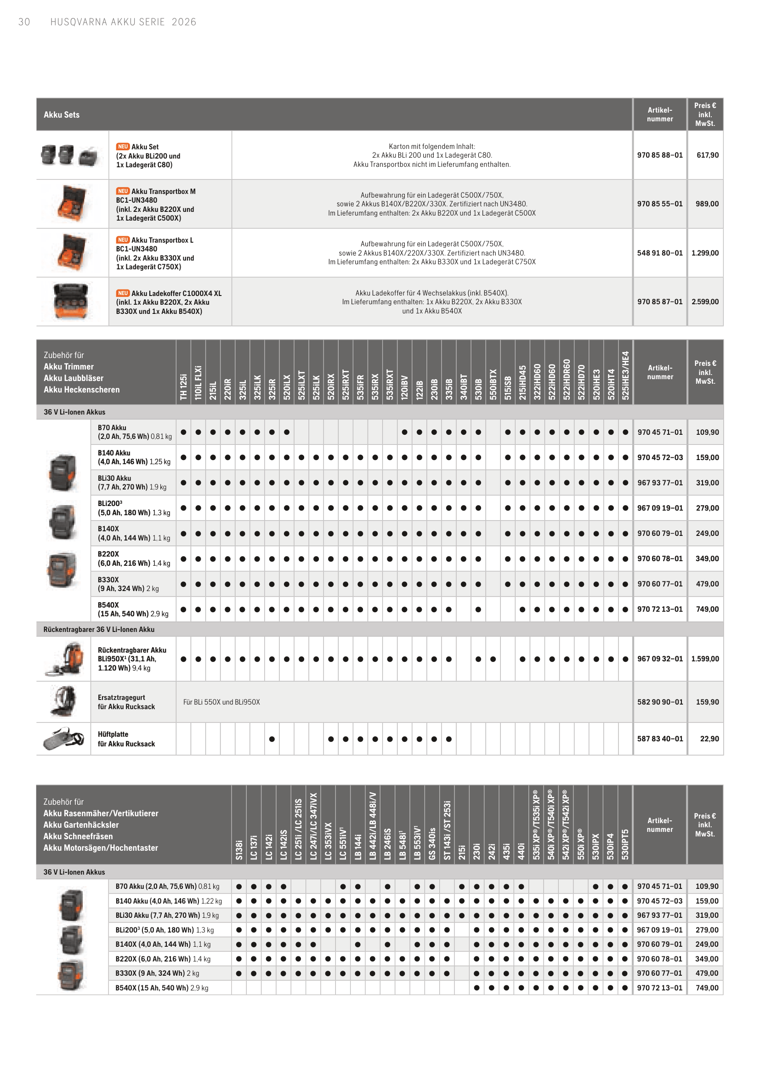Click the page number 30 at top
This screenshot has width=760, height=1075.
(x=24, y=22)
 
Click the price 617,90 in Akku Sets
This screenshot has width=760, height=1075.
(x=707, y=155)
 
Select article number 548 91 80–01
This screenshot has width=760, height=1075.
(x=659, y=253)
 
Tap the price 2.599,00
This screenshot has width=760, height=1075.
(x=705, y=301)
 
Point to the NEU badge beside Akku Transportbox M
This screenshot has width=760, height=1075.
(x=123, y=191)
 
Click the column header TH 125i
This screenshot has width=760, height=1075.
(x=183, y=387)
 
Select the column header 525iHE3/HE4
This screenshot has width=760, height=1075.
(x=625, y=375)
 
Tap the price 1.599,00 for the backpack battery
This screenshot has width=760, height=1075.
(x=705, y=659)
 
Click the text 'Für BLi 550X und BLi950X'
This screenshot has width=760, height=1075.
(x=221, y=702)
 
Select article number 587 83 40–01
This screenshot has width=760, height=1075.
(x=660, y=739)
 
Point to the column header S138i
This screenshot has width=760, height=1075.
(x=239, y=849)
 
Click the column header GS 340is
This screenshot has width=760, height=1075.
(x=432, y=843)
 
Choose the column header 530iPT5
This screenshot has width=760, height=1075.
(x=625, y=844)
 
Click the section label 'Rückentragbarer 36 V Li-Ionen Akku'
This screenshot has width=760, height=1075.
(x=99, y=629)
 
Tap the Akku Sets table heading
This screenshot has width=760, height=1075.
(x=62, y=115)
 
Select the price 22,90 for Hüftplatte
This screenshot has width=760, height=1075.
(x=709, y=739)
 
